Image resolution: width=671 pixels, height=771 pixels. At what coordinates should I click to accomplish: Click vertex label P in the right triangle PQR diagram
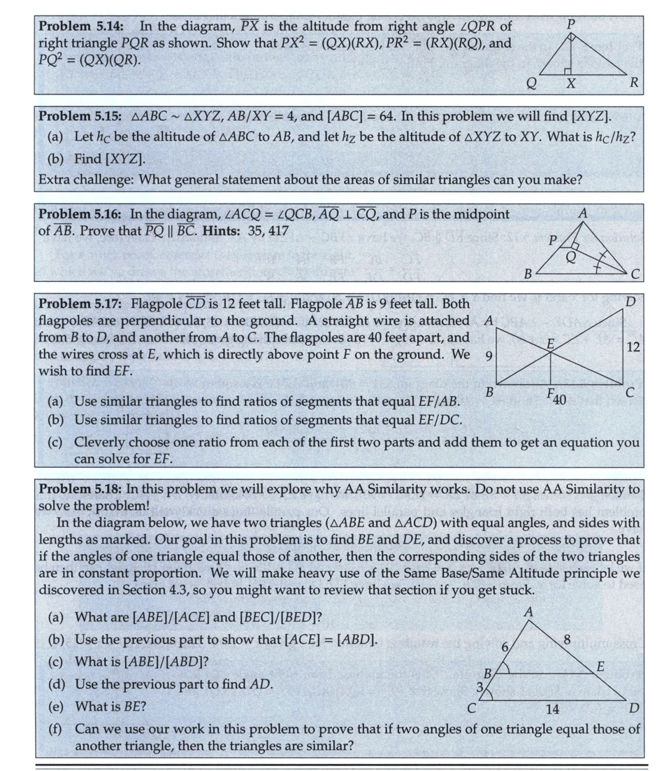pyautogui.click(x=571, y=23)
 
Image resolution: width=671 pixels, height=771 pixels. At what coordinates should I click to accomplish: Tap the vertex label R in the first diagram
pyautogui.click(x=633, y=83)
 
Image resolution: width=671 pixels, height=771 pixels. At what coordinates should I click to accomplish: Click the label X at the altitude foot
pyautogui.click(x=570, y=85)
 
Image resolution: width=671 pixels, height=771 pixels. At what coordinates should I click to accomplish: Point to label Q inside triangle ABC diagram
pyautogui.click(x=571, y=257)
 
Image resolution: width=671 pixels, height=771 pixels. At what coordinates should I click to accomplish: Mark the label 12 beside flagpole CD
pyautogui.click(x=633, y=347)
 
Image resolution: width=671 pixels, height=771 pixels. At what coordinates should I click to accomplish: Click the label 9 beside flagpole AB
pyautogui.click(x=489, y=356)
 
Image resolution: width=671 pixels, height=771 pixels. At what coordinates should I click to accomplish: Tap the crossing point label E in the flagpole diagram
pyautogui.click(x=550, y=344)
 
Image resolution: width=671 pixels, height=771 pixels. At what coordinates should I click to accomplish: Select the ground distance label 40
pyautogui.click(x=558, y=401)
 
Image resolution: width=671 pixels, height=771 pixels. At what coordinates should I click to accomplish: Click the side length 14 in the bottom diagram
pyautogui.click(x=552, y=709)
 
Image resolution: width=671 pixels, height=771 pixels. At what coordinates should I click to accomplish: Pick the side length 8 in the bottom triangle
pyautogui.click(x=568, y=637)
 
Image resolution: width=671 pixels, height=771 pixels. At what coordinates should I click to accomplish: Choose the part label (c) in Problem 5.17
pyautogui.click(x=55, y=442)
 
